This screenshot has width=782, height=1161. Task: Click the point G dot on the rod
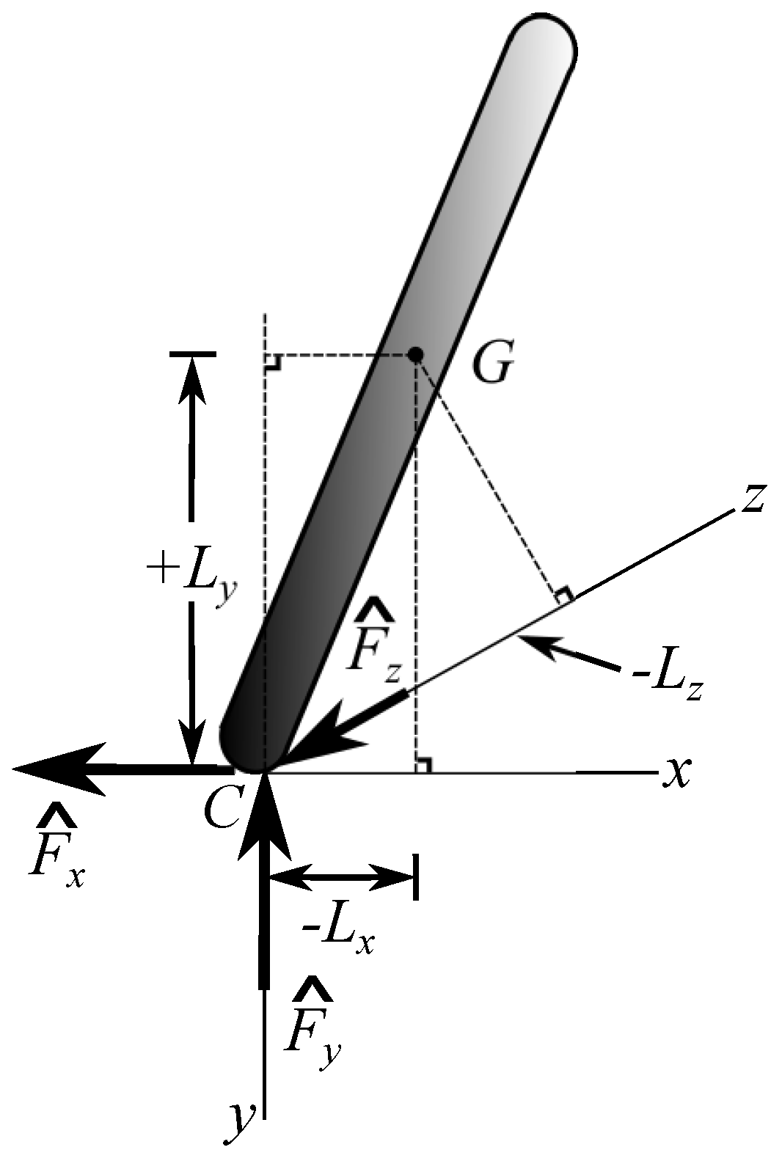pos(415,355)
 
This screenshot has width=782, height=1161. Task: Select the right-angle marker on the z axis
pos(563,596)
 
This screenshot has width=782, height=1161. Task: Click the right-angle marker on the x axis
pos(423,764)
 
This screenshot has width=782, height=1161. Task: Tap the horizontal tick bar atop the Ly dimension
pos(192,354)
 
